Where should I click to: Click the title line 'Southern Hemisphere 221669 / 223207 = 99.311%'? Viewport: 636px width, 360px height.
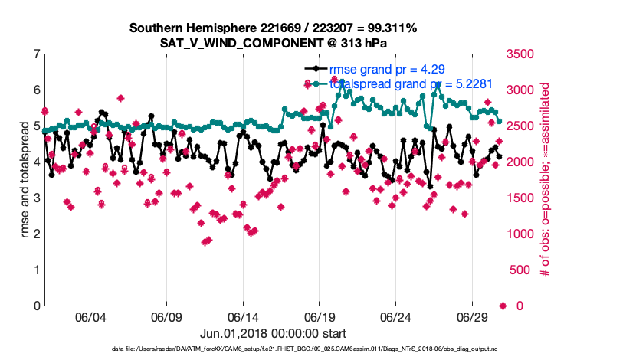coord(274,28)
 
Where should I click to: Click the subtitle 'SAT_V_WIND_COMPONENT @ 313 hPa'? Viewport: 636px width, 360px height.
coord(274,43)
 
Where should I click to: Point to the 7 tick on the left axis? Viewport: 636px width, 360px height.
coord(36,54)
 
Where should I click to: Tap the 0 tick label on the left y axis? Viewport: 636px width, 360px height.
coord(36,306)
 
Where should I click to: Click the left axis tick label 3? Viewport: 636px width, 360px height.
coord(36,198)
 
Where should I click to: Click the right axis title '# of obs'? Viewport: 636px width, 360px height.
coord(546,180)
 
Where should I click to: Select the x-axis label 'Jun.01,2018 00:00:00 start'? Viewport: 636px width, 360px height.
coord(274,333)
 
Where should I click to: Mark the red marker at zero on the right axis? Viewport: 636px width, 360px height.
coord(503,306)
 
